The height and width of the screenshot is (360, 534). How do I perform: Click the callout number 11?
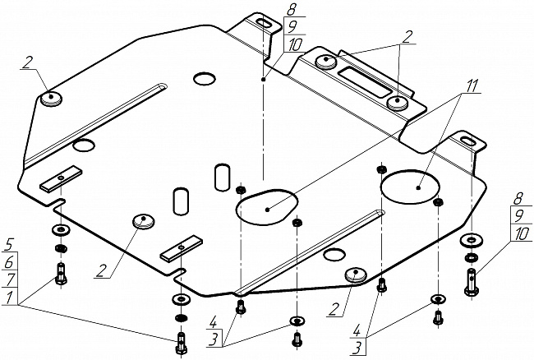471,86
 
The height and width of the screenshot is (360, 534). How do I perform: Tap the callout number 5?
9,246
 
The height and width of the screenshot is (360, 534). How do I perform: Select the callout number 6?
9,263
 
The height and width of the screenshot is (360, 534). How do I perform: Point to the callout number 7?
10,279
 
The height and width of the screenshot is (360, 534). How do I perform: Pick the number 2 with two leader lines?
407,37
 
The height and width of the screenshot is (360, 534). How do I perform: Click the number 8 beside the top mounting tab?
291,10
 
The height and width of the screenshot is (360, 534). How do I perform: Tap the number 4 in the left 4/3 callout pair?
213,322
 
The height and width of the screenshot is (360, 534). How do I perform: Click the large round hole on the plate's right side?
411,187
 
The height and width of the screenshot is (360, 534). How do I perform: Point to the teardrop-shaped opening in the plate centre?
267,207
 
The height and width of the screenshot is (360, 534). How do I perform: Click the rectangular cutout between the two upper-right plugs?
365,81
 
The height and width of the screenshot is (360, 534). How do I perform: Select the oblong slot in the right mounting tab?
467,141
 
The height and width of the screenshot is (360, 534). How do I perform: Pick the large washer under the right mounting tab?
471,240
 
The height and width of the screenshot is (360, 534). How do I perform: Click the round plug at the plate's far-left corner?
52,99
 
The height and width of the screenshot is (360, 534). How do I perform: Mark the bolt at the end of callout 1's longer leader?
181,343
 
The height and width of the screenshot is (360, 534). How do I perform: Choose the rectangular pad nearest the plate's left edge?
61,178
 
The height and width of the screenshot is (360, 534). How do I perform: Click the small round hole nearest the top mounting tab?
205,79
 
